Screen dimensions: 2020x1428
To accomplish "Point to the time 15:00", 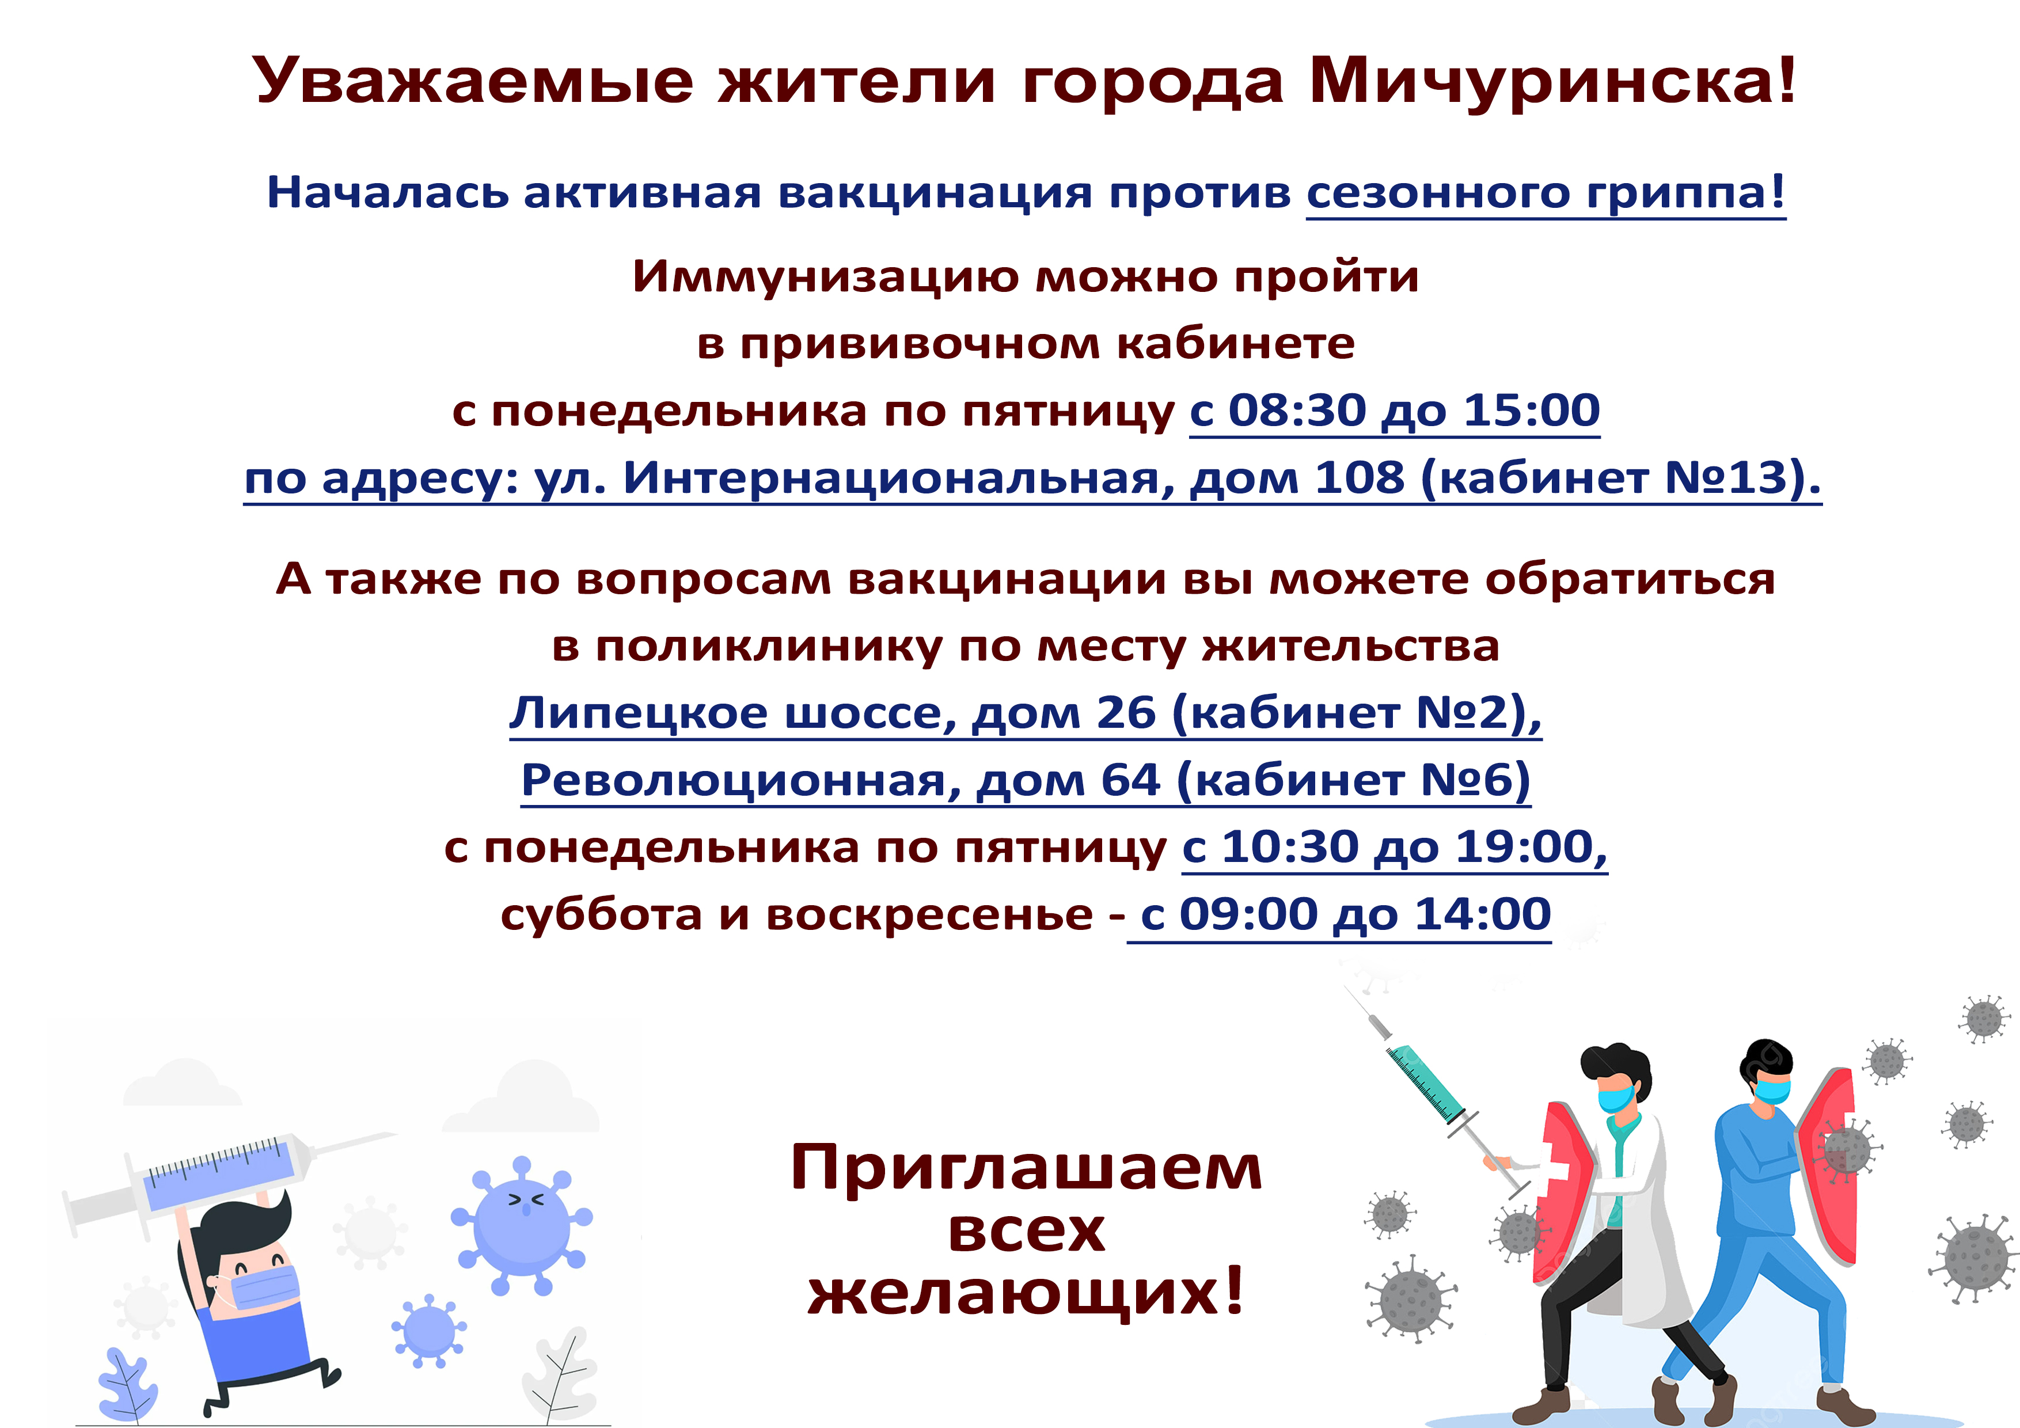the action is click(x=1532, y=410).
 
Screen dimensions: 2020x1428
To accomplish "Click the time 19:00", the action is click(x=1525, y=846).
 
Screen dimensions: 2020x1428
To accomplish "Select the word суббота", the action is click(x=602, y=915).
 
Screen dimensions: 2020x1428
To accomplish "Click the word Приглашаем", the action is click(x=1026, y=1168).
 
